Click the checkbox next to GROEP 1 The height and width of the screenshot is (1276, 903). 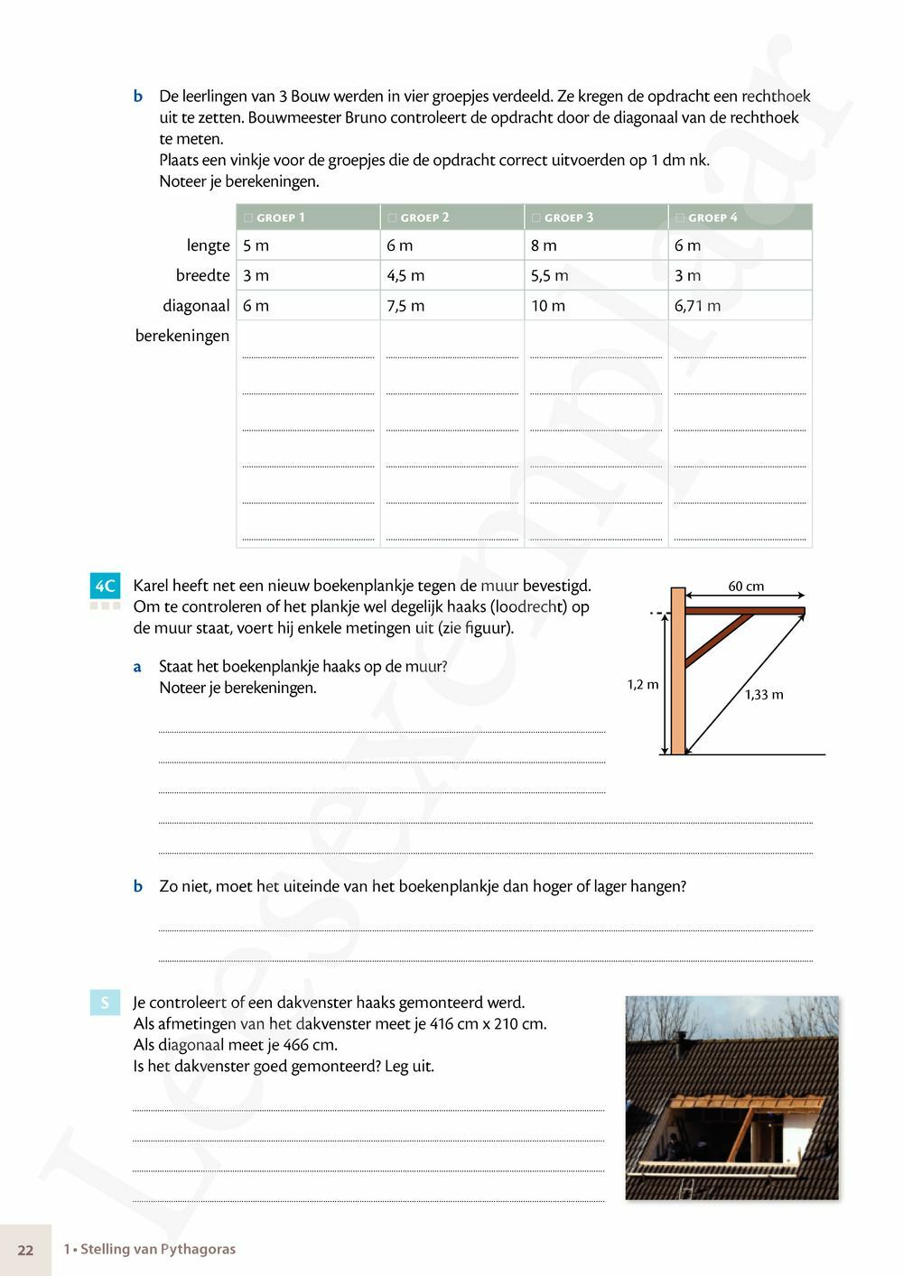248,217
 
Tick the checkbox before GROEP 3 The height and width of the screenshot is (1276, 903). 535,217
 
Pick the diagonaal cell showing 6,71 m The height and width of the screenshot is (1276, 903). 697,306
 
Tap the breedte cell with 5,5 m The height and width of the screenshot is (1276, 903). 549,276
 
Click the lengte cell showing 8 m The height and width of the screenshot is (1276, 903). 544,245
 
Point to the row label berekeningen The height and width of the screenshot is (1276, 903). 182,336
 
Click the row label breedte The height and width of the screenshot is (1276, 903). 202,276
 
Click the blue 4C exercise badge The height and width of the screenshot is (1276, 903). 105,587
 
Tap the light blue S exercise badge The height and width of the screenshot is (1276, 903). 105,1003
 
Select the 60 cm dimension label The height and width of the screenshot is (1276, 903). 746,587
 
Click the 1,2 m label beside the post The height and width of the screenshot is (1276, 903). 643,685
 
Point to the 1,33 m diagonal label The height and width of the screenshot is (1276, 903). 764,695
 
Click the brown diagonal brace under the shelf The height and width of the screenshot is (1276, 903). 719,639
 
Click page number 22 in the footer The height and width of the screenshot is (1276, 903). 25,1250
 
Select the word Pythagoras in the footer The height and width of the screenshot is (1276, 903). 197,1250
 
